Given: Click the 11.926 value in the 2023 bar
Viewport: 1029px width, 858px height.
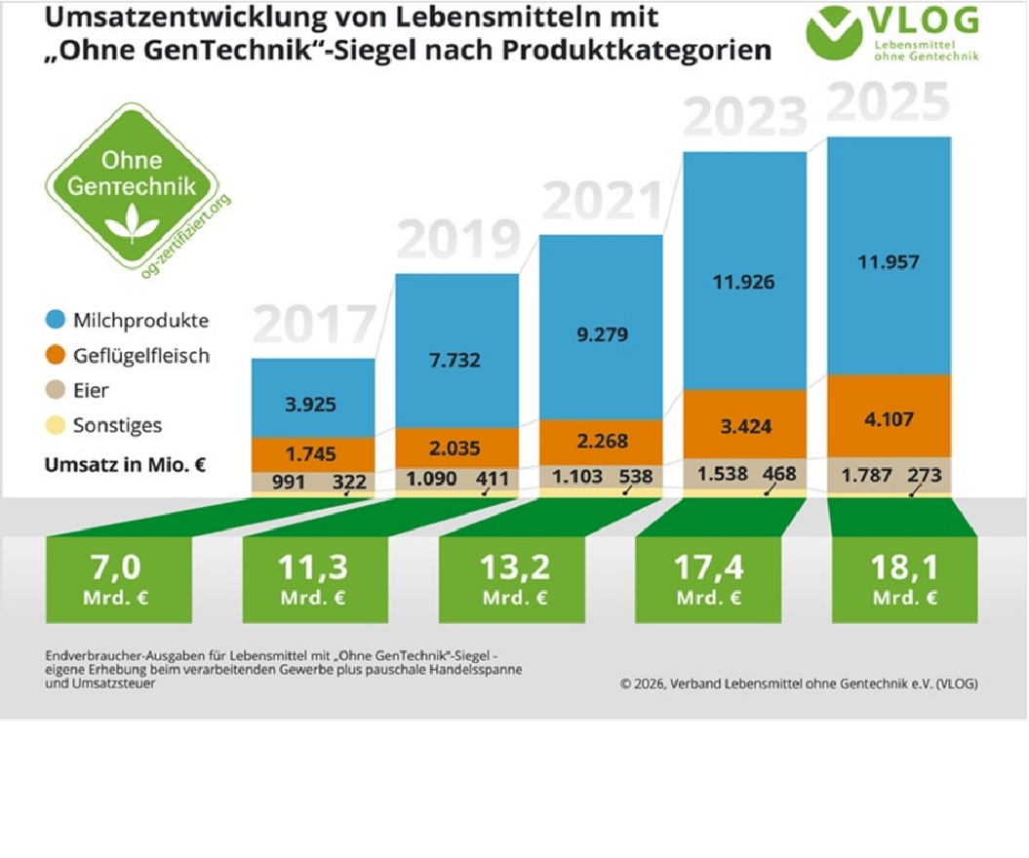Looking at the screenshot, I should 743,283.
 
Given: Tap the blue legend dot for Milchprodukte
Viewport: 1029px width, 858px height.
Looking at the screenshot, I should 56,321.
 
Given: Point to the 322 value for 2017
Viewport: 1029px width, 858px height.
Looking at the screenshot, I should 348,482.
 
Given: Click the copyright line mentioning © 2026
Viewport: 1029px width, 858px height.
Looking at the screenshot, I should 798,683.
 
